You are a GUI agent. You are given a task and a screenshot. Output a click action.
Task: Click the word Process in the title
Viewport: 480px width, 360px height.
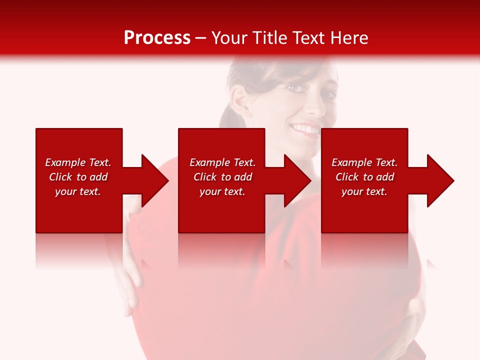click(x=157, y=37)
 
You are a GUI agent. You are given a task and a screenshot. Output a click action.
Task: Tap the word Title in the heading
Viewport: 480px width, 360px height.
click(x=269, y=37)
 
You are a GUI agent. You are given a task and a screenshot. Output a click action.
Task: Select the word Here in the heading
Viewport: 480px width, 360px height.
click(x=348, y=37)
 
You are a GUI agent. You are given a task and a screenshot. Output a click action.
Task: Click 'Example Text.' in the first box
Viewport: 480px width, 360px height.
click(x=78, y=162)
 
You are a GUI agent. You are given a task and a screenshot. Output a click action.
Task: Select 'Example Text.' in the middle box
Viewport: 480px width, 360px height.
click(x=222, y=162)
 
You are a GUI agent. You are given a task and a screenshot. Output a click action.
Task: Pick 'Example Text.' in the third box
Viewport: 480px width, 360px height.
click(x=364, y=162)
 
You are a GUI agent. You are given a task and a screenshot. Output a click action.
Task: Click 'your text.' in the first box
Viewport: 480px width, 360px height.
click(x=78, y=191)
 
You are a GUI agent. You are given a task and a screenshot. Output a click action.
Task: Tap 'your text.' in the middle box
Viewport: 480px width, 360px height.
click(x=222, y=191)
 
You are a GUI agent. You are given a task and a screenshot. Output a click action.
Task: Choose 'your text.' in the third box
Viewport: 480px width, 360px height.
click(x=364, y=191)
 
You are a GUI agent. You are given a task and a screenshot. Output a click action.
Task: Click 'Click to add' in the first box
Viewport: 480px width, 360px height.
click(x=78, y=177)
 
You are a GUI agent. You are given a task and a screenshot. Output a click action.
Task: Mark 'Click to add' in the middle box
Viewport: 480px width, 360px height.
click(x=222, y=177)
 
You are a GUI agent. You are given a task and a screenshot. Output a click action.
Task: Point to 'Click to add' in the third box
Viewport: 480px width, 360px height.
click(x=364, y=177)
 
